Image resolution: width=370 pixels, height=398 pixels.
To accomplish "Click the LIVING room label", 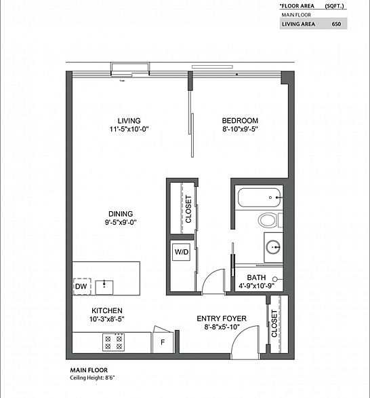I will (x=128, y=121).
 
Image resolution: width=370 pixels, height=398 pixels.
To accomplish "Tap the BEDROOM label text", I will (x=241, y=121).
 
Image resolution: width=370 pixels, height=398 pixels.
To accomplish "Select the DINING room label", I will (x=119, y=213).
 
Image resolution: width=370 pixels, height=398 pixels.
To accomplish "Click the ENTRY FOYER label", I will (x=222, y=318).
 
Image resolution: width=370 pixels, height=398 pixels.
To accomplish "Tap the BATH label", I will (x=256, y=277).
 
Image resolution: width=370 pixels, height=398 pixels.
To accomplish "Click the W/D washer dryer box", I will (x=181, y=252).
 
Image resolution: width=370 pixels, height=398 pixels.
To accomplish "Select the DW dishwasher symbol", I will (x=82, y=286).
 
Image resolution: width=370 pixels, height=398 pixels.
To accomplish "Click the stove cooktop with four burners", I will (x=113, y=342).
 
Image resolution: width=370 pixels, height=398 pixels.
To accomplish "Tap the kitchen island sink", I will (x=104, y=285).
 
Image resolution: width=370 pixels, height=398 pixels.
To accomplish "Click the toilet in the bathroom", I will (x=268, y=221).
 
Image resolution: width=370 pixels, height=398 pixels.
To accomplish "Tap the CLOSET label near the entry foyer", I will (x=274, y=324).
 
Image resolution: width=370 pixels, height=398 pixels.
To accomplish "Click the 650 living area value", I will (x=336, y=24).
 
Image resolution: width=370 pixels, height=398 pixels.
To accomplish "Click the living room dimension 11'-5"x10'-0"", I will (x=128, y=130).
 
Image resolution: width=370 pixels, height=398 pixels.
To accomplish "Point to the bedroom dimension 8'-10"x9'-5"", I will (x=241, y=130).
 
